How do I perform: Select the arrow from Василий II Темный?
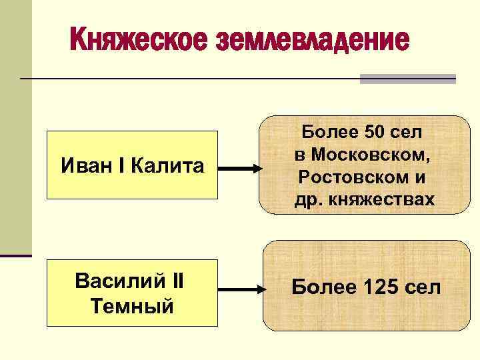239,290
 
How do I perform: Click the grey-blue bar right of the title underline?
407,79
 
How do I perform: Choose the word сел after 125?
425,288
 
